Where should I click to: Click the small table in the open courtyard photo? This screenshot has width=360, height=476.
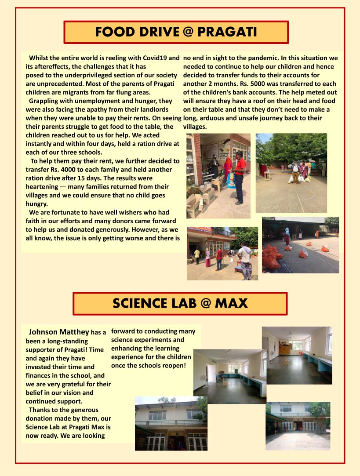[267, 174]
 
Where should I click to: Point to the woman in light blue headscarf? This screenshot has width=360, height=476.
[287, 236]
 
